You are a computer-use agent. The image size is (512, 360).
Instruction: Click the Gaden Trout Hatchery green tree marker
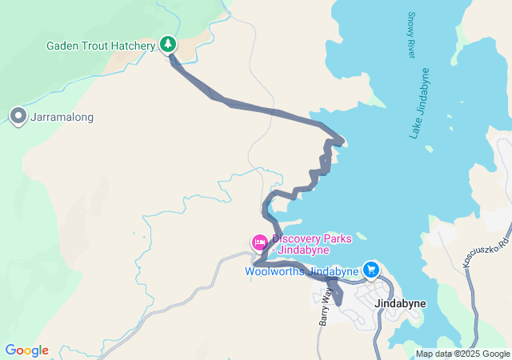tap(168, 44)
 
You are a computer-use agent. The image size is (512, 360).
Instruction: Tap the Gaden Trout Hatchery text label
tap(100, 46)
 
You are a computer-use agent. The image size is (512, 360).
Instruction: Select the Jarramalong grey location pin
tap(18, 117)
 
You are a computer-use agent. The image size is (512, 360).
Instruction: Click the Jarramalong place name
tap(62, 118)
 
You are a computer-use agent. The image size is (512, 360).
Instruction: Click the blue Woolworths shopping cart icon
tap(370, 270)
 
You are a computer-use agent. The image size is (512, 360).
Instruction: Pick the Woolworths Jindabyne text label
tap(302, 272)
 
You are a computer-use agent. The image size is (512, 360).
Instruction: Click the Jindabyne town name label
tap(401, 304)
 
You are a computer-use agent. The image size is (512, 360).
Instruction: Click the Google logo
tap(26, 350)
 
